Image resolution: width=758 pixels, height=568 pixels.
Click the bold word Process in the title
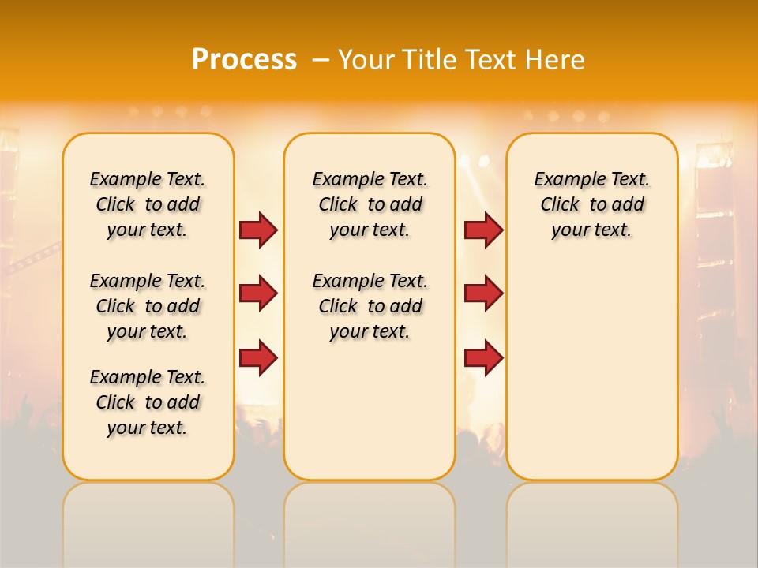244,60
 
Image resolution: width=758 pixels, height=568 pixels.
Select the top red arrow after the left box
258,230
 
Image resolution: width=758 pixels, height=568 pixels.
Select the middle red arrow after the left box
258,293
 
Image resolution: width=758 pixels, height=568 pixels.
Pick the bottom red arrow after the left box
258,357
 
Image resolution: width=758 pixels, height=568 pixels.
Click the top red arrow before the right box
483,230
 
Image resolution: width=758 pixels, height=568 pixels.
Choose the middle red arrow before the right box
483,293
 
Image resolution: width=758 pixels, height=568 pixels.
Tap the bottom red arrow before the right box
483,357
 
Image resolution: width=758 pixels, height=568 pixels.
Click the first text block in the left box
148,204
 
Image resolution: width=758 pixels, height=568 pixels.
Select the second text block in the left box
148,306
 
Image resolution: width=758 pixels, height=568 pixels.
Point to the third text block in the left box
148,402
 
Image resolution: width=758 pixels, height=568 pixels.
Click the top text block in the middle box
370,204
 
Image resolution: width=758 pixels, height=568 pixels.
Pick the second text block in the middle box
370,306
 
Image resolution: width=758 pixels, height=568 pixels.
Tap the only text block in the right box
591,204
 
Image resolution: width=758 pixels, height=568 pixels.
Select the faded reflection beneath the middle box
370,521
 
